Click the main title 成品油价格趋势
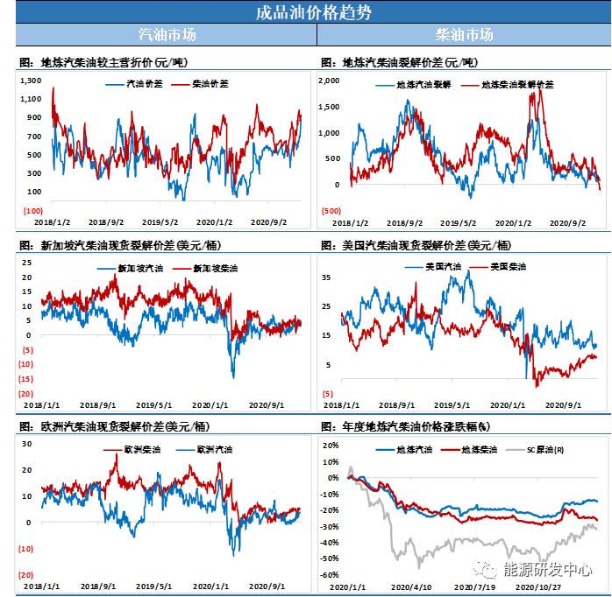(306, 12)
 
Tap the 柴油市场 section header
(464, 35)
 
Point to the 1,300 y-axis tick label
(32, 81)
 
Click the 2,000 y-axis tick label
(331, 81)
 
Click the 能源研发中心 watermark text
(547, 569)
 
